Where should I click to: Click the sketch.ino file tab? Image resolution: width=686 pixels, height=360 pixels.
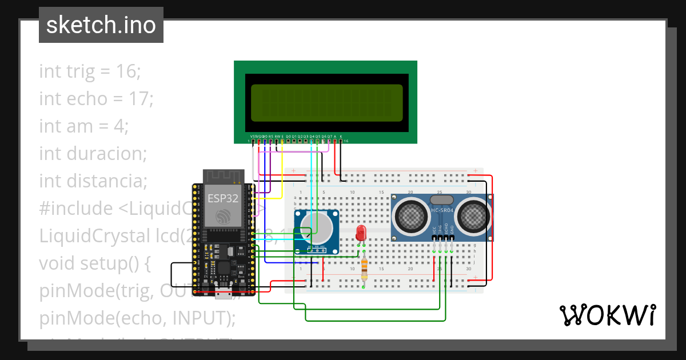101,25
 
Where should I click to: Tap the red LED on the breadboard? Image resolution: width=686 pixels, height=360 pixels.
361,233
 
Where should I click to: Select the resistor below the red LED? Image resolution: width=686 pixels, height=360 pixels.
365,268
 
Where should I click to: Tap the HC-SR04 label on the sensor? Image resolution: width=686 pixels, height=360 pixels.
442,210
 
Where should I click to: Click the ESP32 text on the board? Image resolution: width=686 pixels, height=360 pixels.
222,198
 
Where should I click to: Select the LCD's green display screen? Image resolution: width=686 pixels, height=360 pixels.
326,102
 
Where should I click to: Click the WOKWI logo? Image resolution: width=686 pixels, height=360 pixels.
607,315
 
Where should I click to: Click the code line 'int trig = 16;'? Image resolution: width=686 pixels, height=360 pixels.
90,71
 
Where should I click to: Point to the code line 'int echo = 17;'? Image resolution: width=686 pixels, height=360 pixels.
96,99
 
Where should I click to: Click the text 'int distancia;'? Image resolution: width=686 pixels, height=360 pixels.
93,181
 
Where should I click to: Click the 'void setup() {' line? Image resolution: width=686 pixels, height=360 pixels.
94,263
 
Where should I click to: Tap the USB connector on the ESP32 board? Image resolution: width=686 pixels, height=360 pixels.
224,294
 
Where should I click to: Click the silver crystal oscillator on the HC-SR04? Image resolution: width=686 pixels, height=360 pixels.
441,199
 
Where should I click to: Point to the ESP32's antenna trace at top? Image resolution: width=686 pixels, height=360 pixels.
224,176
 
